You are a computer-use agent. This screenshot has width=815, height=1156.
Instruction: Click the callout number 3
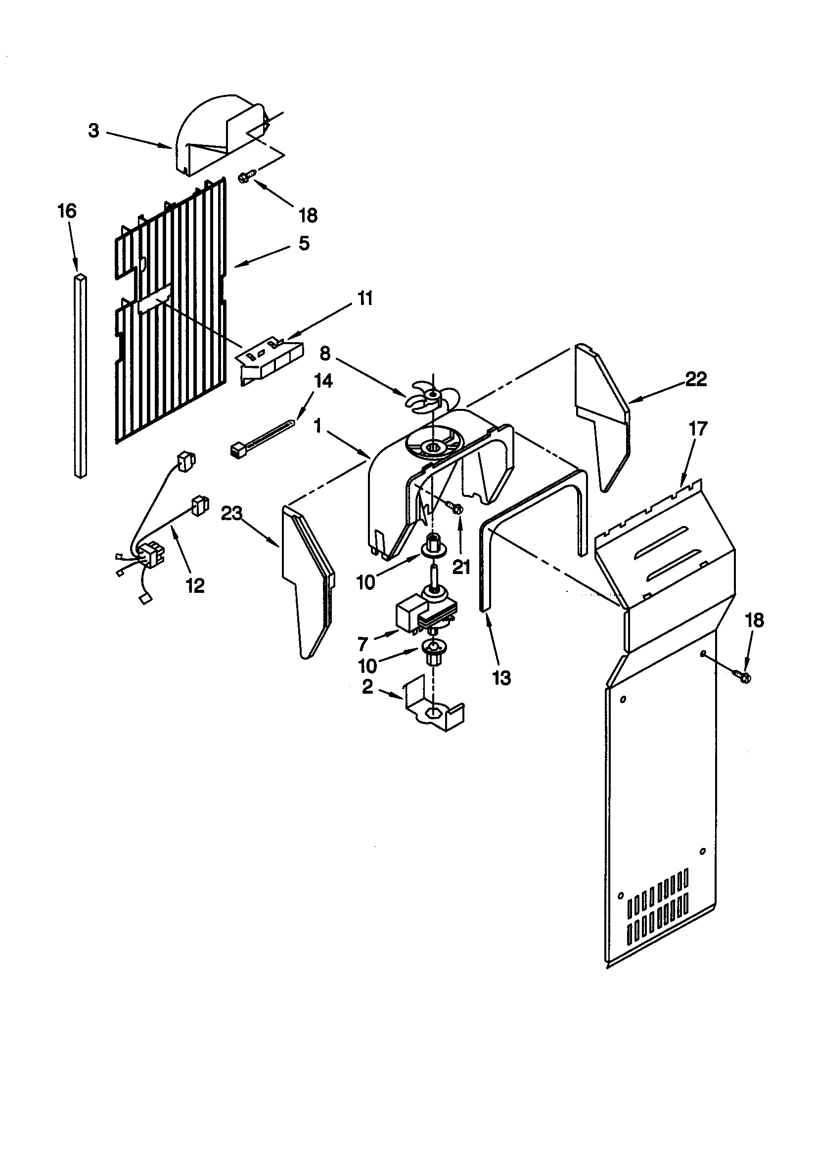point(93,131)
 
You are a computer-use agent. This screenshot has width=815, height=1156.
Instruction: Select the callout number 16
point(67,211)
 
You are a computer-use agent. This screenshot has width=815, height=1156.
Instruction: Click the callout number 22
point(696,379)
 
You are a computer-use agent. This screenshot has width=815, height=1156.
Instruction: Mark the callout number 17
point(698,429)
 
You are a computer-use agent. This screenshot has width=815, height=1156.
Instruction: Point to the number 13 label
point(501,678)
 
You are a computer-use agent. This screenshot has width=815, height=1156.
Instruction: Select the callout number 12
point(195,585)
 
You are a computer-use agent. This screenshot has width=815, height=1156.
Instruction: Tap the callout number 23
point(232,514)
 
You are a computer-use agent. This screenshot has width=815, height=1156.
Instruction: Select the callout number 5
point(304,243)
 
